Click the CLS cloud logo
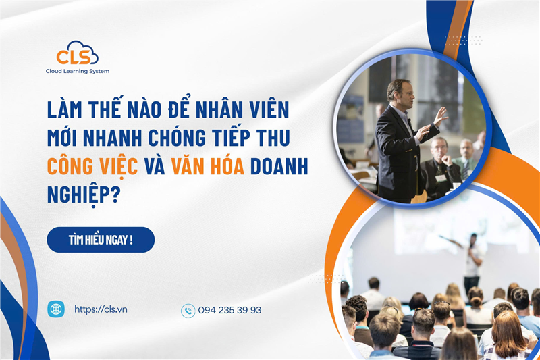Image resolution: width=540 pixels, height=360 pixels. [x=77, y=53]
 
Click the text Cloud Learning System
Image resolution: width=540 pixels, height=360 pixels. [x=77, y=71]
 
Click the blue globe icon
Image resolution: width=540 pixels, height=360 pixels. [x=56, y=309]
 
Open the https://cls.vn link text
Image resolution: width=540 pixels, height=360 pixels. [x=101, y=309]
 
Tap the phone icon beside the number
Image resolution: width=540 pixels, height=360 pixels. [x=188, y=311]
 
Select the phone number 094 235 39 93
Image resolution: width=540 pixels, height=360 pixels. [x=230, y=311]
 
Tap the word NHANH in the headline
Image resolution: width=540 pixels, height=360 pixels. [x=119, y=138]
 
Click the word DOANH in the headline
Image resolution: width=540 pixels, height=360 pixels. [x=279, y=164]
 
